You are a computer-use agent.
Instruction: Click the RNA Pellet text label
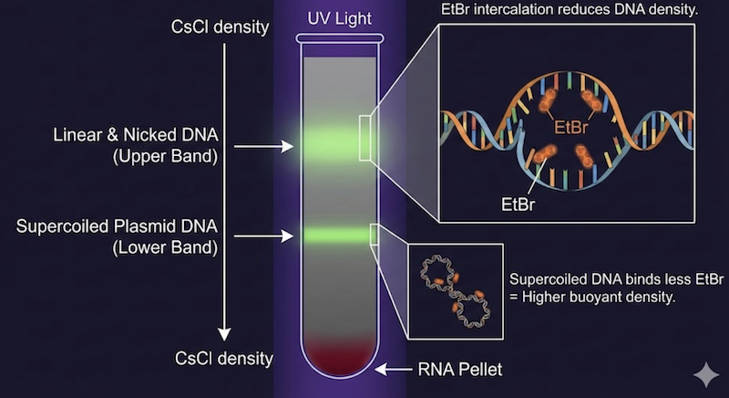coord(459,369)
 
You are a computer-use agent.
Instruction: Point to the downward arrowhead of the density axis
coord(223,331)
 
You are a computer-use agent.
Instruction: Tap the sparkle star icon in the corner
coord(704,375)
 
